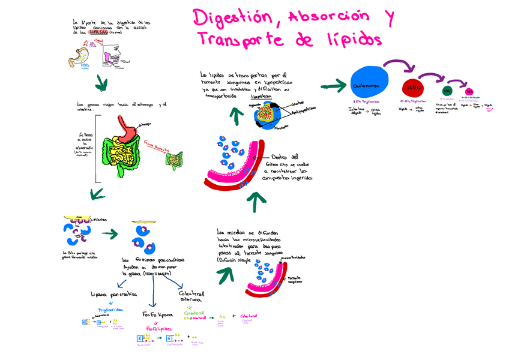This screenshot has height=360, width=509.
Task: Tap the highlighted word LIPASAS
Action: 99,33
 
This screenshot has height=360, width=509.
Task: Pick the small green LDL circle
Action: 446,91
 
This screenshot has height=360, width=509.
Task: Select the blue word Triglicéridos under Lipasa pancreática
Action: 110,310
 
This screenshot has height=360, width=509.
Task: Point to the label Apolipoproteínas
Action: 304,110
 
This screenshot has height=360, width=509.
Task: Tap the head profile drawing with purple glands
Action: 114,59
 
